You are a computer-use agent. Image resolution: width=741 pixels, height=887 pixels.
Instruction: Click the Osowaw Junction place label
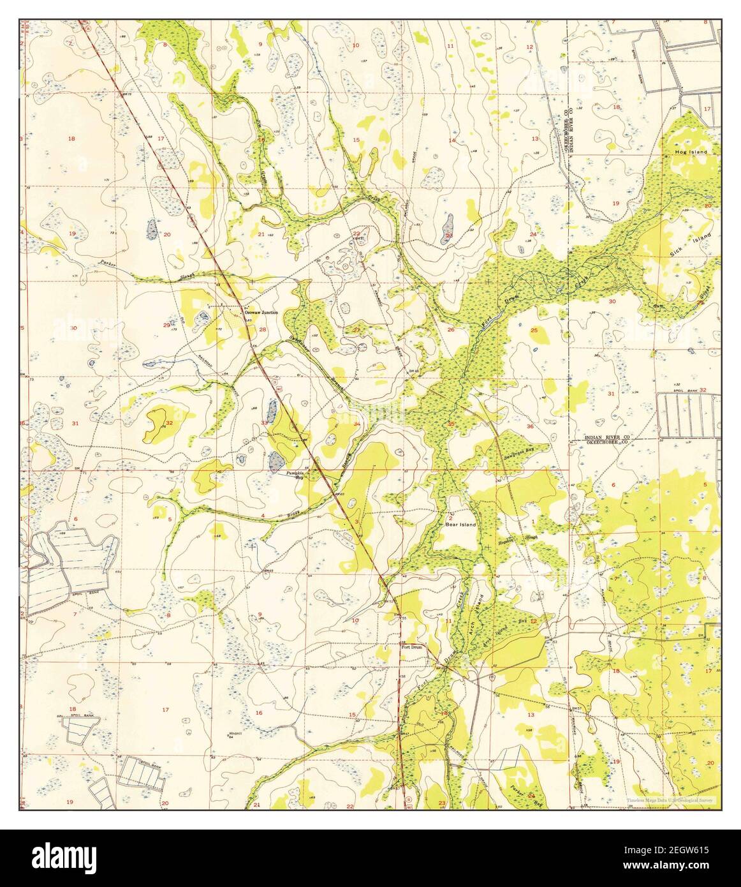pyautogui.click(x=261, y=313)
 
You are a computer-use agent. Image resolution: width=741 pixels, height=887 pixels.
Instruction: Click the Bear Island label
pyautogui.click(x=460, y=525)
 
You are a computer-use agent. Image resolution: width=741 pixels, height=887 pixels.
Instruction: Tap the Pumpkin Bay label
pyautogui.click(x=294, y=473)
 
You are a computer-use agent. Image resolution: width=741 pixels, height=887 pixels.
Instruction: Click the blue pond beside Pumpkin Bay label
pyautogui.click(x=276, y=460)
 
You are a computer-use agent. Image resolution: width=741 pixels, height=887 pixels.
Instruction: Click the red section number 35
pyautogui.click(x=451, y=424)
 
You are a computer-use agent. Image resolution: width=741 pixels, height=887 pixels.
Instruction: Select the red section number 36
pyautogui.click(x=530, y=426)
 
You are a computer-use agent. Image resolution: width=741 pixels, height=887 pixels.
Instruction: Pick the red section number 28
pyautogui.click(x=262, y=329)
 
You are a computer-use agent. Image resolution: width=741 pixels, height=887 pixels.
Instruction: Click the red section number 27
pyautogui.click(x=357, y=330)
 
